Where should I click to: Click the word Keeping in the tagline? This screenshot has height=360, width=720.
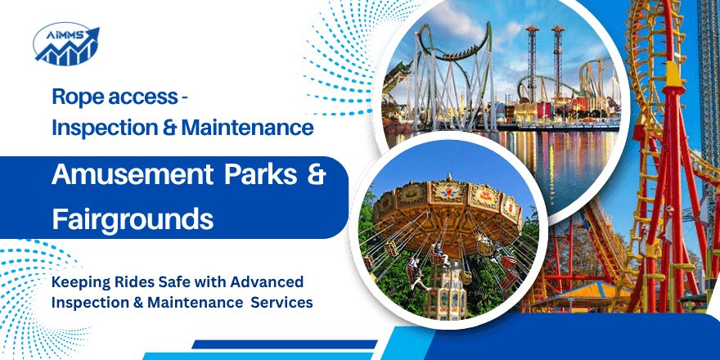pyautogui.click(x=81, y=282)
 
